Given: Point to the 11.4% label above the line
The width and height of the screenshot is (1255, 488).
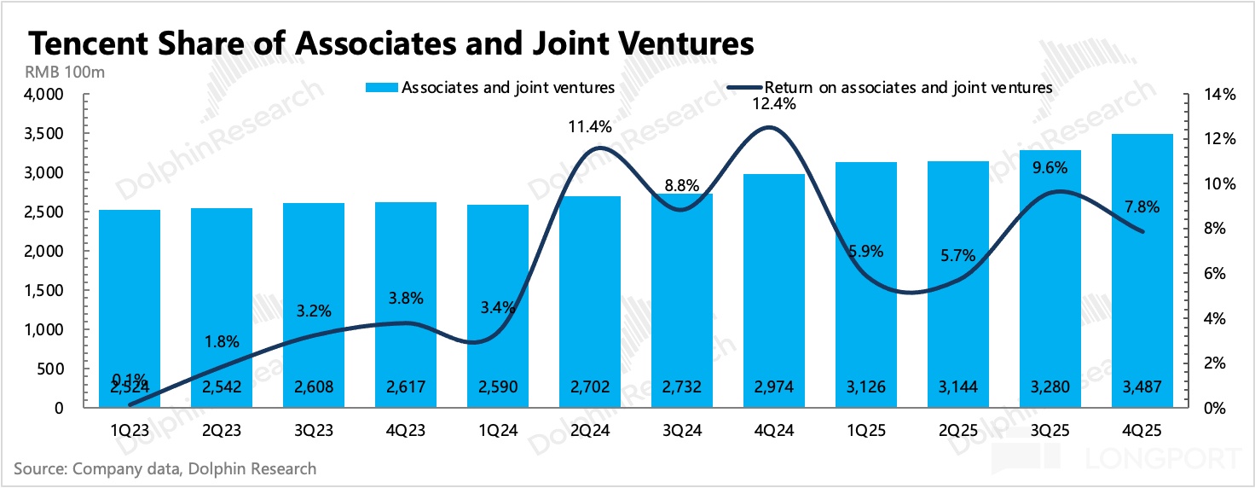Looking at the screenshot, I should click(x=590, y=127).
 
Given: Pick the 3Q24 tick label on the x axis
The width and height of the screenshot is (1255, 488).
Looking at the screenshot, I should click(x=682, y=431).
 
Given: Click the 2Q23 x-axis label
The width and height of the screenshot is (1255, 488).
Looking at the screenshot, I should click(x=221, y=431).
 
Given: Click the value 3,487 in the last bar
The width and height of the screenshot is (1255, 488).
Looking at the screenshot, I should click(x=1142, y=386).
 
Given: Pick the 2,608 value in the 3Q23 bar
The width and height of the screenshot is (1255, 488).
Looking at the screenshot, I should click(x=314, y=386).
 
